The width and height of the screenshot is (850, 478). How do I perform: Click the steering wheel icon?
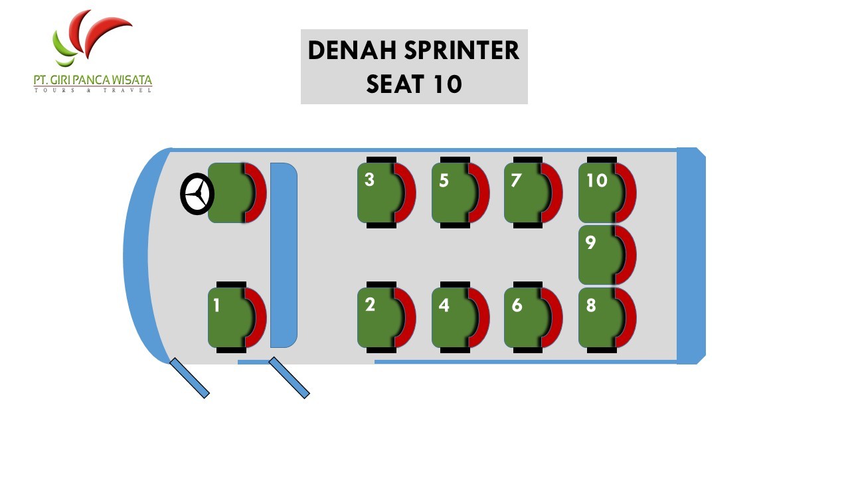pos(197,194)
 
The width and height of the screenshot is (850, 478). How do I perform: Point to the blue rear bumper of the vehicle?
pos(690,256)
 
